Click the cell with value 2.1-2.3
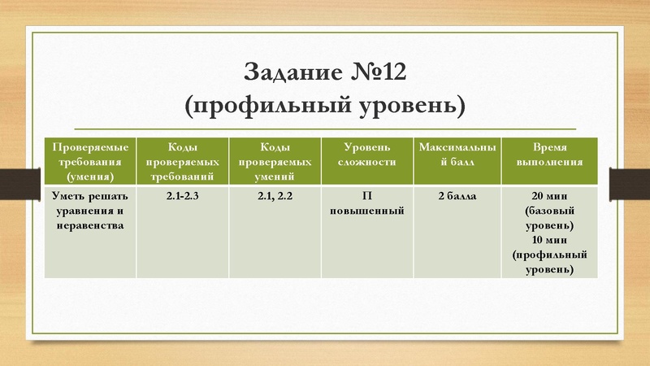click(x=182, y=197)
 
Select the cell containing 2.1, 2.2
click(x=275, y=197)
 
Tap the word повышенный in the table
click(x=367, y=211)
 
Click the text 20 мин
click(x=549, y=197)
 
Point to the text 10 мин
click(x=549, y=241)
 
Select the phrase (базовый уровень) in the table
click(x=549, y=218)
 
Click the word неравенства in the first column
click(x=90, y=225)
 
